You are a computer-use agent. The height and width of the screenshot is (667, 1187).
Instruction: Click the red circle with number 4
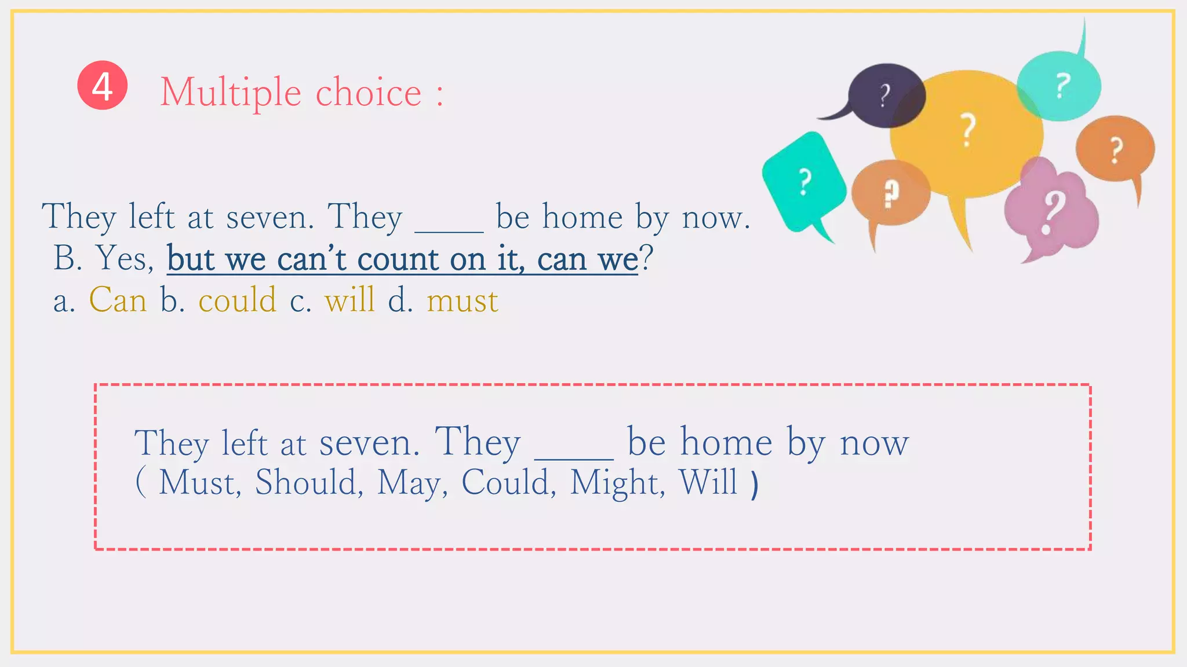[103, 85]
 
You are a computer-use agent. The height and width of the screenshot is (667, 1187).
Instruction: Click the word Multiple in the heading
[231, 93]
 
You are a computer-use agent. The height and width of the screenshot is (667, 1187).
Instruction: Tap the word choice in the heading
[368, 93]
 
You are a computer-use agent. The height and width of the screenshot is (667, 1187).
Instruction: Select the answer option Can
[118, 300]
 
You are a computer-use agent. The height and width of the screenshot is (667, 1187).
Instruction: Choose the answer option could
[237, 300]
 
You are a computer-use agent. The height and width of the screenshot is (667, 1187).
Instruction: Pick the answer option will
[349, 300]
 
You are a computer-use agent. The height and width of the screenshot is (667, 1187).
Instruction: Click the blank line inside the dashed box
[574, 457]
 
